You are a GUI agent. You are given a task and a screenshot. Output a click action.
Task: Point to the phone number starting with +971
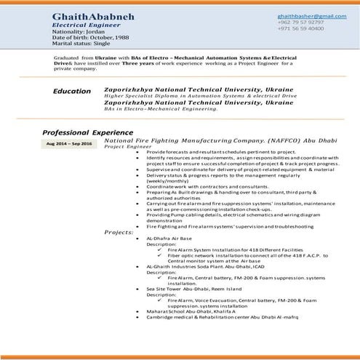pos(301,29)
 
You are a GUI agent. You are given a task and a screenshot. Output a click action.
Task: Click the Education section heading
pos(71,92)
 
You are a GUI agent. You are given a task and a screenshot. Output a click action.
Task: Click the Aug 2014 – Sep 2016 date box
pos(69,145)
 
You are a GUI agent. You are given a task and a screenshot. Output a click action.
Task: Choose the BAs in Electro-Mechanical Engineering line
pos(161,108)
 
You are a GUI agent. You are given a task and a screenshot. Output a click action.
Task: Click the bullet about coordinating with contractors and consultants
pos(207,187)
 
